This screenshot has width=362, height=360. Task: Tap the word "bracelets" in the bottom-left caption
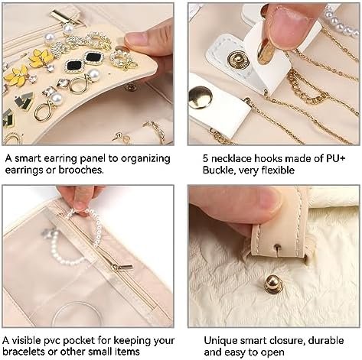(28, 352)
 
